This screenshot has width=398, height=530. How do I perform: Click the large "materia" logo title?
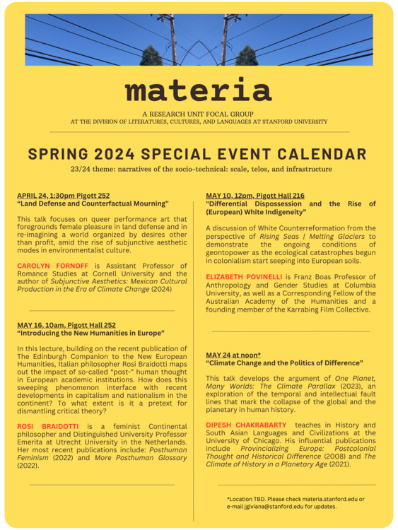(198, 90)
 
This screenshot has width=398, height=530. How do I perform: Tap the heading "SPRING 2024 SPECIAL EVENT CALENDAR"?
(198, 154)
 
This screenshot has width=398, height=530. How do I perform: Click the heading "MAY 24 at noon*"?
(233, 355)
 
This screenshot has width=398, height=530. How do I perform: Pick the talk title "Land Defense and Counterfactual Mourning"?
(93, 203)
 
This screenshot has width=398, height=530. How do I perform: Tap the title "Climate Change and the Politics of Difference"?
(284, 363)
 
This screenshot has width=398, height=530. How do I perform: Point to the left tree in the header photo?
(151, 55)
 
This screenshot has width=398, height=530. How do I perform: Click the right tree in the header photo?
(246, 55)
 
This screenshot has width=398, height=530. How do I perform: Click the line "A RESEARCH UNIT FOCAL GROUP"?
(198, 114)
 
